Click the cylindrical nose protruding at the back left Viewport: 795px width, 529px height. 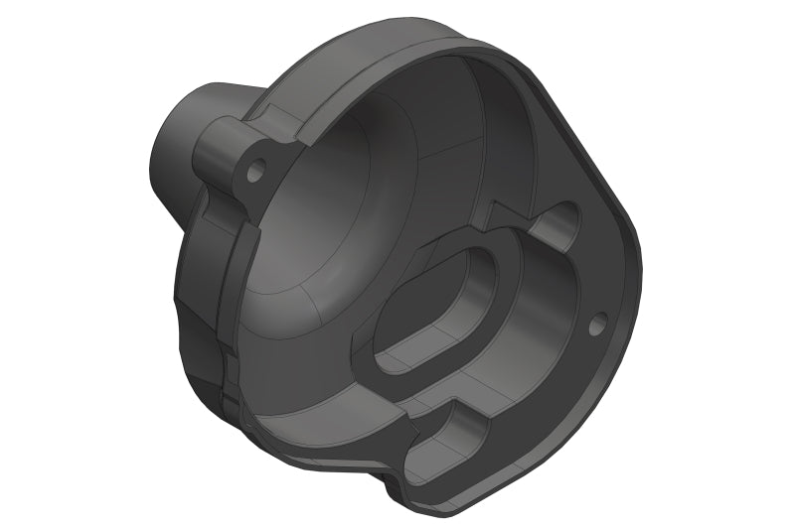tap(179, 149)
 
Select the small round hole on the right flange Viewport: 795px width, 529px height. tap(597, 324)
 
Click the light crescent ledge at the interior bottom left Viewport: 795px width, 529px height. tap(298, 397)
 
